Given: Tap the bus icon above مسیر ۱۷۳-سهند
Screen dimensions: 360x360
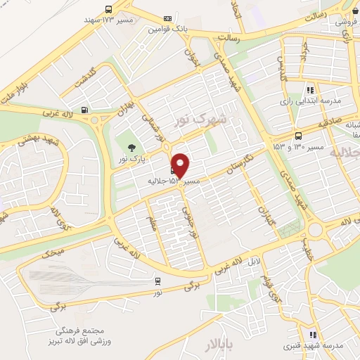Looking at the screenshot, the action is point(108,9).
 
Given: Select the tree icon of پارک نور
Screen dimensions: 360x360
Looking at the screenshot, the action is point(131,147).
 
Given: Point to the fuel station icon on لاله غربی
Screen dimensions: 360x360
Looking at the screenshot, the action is point(85,109).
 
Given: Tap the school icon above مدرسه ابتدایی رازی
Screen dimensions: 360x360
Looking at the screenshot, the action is point(310,89).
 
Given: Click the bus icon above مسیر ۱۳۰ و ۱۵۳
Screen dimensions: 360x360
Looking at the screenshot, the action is point(299,136).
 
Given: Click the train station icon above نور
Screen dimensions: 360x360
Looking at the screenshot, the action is point(158,281).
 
